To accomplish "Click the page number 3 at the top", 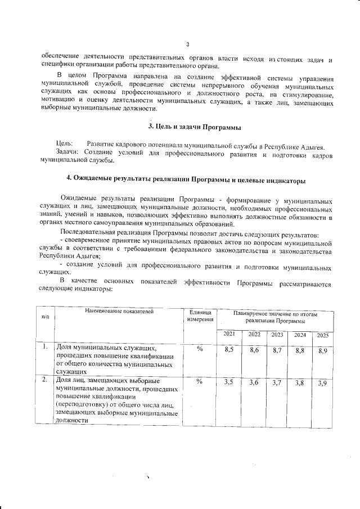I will [187, 44].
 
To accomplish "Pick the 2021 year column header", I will [229, 335].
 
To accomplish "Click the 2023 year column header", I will [277, 335].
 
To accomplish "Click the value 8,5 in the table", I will [229, 350].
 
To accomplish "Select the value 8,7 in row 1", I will [277, 350].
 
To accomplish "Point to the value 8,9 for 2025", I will [323, 351].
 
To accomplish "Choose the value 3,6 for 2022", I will [253, 382].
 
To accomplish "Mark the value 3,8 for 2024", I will [300, 383].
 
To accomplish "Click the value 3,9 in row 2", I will [323, 384].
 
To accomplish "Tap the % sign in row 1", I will [200, 349].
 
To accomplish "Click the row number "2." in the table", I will [44, 380].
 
